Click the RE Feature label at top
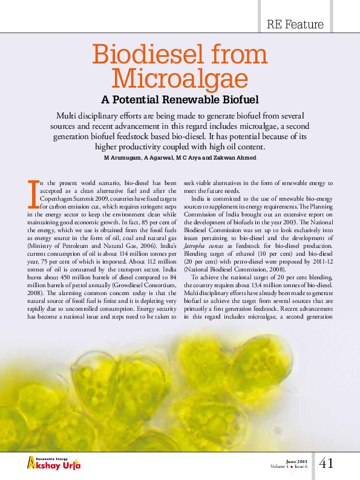pos(295,25)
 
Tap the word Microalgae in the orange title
pos(180,79)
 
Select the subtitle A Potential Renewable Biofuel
pos(180,99)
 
